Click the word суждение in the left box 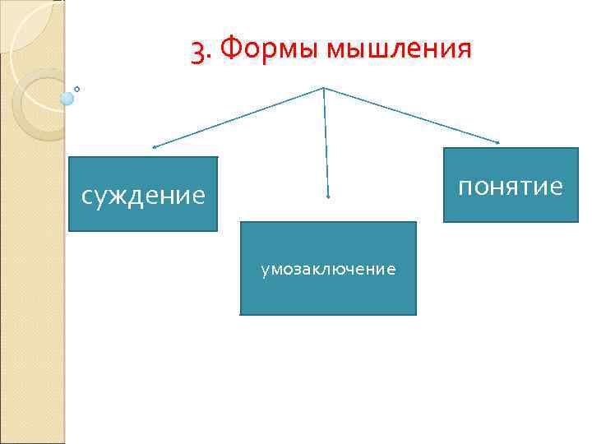[143, 196]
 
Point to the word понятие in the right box [510, 187]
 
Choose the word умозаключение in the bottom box [328, 269]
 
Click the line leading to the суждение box [238, 117]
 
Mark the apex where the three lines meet [324, 87]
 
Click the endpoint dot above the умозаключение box [328, 197]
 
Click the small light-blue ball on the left [67, 99]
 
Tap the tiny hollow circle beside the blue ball [76, 88]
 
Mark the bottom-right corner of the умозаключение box [416, 315]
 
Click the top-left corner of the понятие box [444, 149]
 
